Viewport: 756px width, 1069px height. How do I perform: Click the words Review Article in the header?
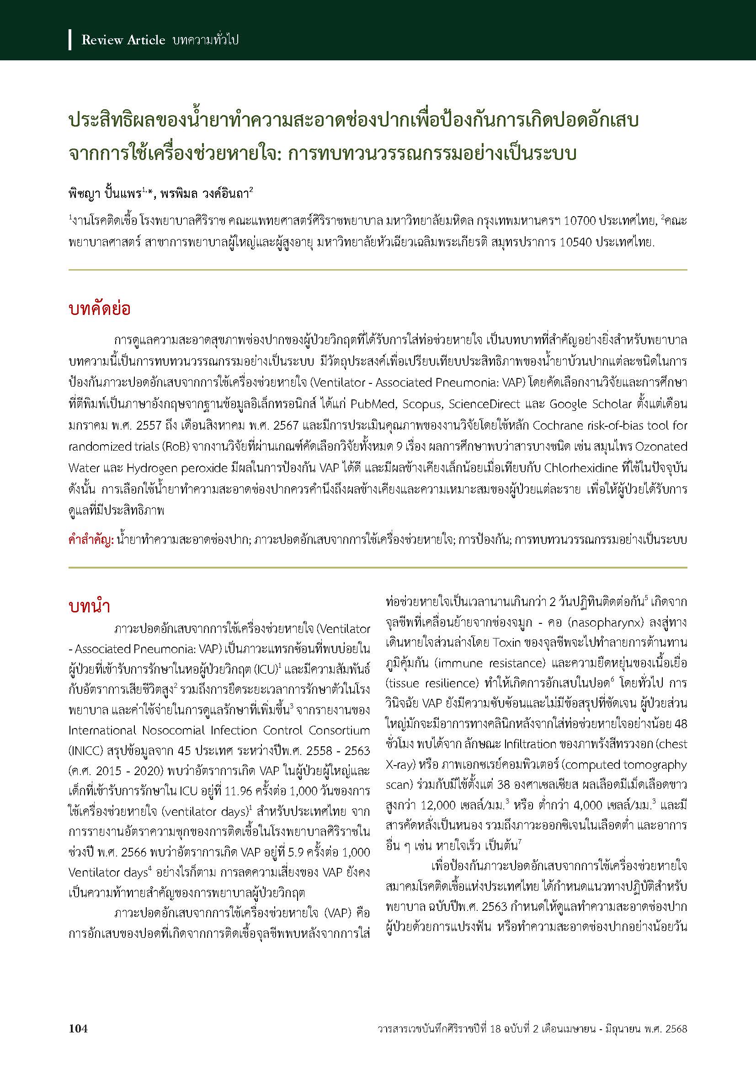pos(123,41)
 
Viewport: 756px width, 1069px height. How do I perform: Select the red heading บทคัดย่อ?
pos(99,309)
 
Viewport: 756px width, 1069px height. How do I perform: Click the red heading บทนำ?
pos(89,607)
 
